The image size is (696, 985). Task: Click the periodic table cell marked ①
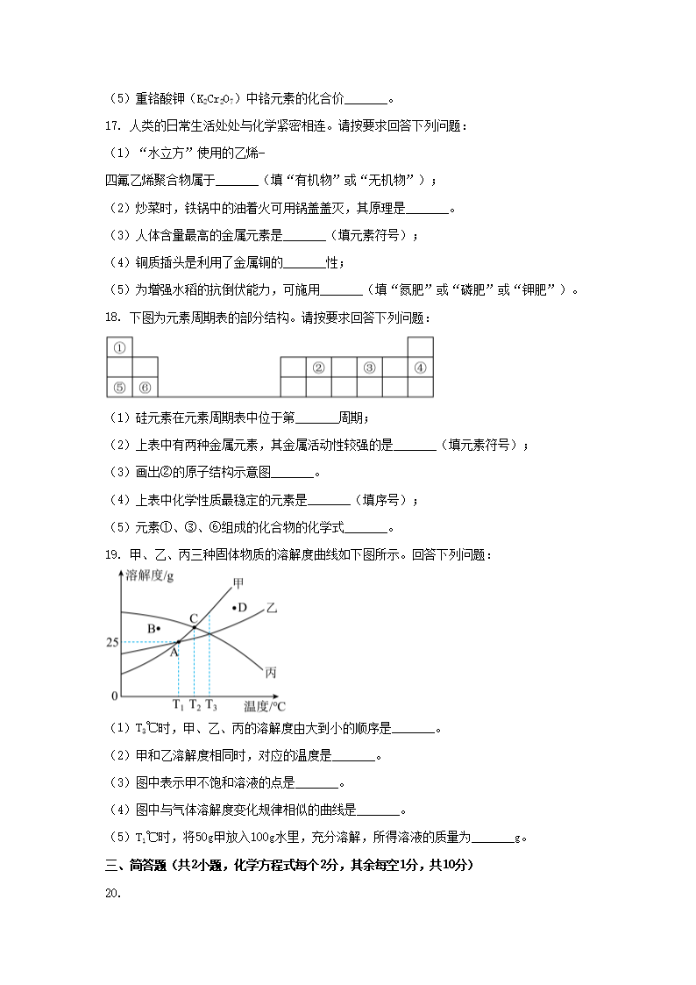click(x=119, y=347)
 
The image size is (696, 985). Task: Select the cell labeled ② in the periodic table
click(x=319, y=368)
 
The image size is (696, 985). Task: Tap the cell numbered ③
click(x=370, y=368)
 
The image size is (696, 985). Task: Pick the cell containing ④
click(x=421, y=368)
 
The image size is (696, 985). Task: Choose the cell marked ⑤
click(x=119, y=387)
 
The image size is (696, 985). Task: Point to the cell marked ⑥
click(x=145, y=387)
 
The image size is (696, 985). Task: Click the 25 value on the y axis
click(x=111, y=643)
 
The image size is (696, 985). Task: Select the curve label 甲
click(x=239, y=583)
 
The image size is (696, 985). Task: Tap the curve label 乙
click(x=271, y=607)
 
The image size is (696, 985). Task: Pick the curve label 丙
click(x=271, y=673)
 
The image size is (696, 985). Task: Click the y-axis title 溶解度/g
click(x=150, y=575)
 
